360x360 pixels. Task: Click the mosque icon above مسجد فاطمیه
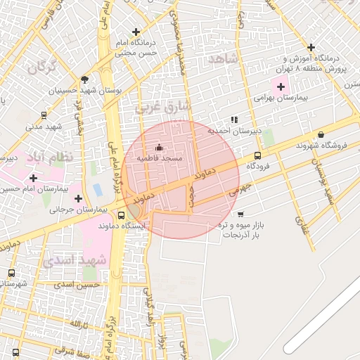(158, 148)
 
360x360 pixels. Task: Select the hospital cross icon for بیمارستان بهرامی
(281, 87)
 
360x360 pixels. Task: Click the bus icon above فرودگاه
(257, 156)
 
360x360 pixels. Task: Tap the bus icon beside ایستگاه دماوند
(122, 215)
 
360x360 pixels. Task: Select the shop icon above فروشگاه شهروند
(321, 134)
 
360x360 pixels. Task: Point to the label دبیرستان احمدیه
(233, 131)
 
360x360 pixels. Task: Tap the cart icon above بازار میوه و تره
(241, 214)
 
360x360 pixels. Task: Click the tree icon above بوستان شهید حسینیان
(84, 79)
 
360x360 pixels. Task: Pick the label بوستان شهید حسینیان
(83, 91)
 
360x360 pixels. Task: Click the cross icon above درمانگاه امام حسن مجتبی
(136, 32)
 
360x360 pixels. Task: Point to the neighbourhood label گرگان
(41, 67)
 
